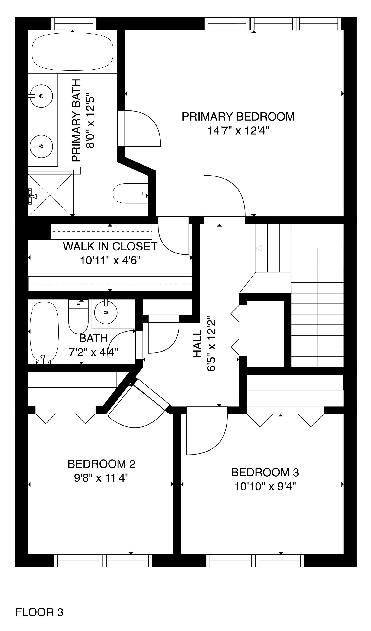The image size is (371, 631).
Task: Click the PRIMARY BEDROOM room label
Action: (x=238, y=117)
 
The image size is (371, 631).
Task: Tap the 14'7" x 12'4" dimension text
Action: (x=238, y=131)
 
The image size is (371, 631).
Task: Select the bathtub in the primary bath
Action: (x=73, y=51)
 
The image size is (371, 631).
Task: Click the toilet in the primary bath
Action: (x=130, y=193)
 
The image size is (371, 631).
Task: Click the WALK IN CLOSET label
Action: (x=110, y=246)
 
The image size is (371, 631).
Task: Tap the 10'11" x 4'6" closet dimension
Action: (x=110, y=261)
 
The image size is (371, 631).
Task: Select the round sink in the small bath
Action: (x=106, y=313)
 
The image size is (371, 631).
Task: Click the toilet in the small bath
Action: (x=78, y=317)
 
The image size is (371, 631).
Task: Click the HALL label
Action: (x=198, y=343)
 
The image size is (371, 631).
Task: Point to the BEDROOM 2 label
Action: (x=101, y=464)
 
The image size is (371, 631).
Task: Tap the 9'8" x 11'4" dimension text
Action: (x=101, y=478)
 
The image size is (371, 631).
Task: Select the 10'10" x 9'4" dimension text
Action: (x=265, y=487)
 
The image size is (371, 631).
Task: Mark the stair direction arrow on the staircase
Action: (x=259, y=248)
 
